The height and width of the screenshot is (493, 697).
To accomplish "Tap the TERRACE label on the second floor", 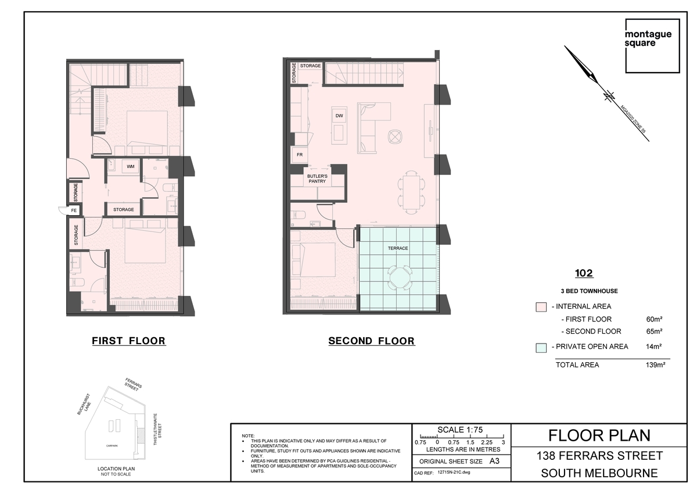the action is pyautogui.click(x=398, y=248).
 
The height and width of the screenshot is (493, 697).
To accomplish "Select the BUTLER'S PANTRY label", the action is pyautogui.click(x=317, y=178).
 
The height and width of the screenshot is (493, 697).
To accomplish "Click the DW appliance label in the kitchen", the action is pyautogui.click(x=339, y=116).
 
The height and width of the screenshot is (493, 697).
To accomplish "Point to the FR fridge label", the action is pyautogui.click(x=300, y=155).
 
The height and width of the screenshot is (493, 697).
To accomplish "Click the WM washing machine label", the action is pyautogui.click(x=130, y=166).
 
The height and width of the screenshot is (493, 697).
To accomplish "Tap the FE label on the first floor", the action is pyautogui.click(x=74, y=210).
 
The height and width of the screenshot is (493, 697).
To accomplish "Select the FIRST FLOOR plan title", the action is pyautogui.click(x=128, y=341).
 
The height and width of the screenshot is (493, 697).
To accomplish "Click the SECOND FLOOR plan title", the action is pyautogui.click(x=372, y=341).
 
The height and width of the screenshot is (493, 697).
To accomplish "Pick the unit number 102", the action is pyautogui.click(x=584, y=273).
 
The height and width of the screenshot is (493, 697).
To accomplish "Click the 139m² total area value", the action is pyautogui.click(x=655, y=365).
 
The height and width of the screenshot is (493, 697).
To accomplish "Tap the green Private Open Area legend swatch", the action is pyautogui.click(x=541, y=348).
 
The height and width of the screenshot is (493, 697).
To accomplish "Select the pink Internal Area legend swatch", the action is pyautogui.click(x=541, y=307).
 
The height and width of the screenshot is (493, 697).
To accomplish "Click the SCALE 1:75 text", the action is pyautogui.click(x=460, y=430).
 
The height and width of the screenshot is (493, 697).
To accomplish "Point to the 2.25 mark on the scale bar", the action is pyautogui.click(x=487, y=442).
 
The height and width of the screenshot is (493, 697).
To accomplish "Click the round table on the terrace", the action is pyautogui.click(x=400, y=277).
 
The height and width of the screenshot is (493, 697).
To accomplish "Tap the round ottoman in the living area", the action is pyautogui.click(x=395, y=137).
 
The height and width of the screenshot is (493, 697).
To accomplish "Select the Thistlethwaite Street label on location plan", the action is pyautogui.click(x=157, y=429).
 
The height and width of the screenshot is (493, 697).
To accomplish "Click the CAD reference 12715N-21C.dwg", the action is pyautogui.click(x=454, y=472).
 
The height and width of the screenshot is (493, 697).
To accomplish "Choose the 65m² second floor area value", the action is pyautogui.click(x=654, y=331).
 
